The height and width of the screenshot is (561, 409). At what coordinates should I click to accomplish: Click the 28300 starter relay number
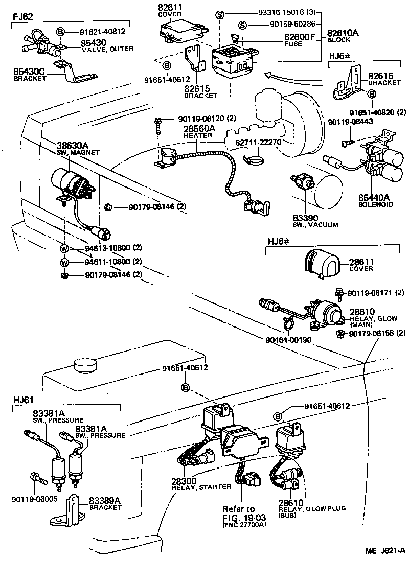[183, 481]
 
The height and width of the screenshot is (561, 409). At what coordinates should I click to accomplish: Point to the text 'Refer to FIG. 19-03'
[238, 512]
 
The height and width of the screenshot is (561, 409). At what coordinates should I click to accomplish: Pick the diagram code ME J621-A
[384, 551]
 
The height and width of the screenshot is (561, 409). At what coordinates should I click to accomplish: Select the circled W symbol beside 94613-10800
[64, 249]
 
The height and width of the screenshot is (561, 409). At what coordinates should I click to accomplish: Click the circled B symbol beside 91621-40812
[60, 32]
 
